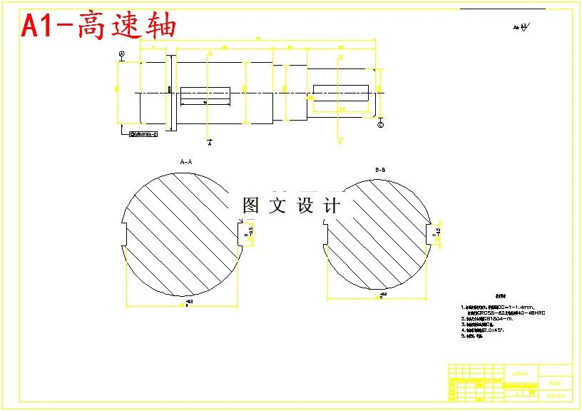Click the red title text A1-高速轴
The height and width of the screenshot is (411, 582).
click(98, 26)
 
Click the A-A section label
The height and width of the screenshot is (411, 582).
click(187, 162)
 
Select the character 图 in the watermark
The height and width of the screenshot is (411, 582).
click(250, 206)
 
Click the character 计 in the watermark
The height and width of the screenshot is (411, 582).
click(332, 206)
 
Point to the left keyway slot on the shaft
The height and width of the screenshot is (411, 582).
click(205, 93)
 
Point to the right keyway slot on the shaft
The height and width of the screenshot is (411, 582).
click(340, 92)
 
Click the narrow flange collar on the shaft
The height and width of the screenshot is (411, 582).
click(170, 93)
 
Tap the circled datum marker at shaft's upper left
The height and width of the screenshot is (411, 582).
click(121, 54)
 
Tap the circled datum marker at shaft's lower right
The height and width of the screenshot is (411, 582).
click(379, 125)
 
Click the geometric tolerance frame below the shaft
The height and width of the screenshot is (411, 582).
click(143, 134)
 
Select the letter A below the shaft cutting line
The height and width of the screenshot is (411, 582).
click(210, 143)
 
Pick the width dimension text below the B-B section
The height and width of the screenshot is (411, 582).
click(382, 294)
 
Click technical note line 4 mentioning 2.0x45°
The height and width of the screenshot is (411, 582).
click(493, 330)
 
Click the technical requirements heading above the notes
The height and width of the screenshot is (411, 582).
click(497, 296)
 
